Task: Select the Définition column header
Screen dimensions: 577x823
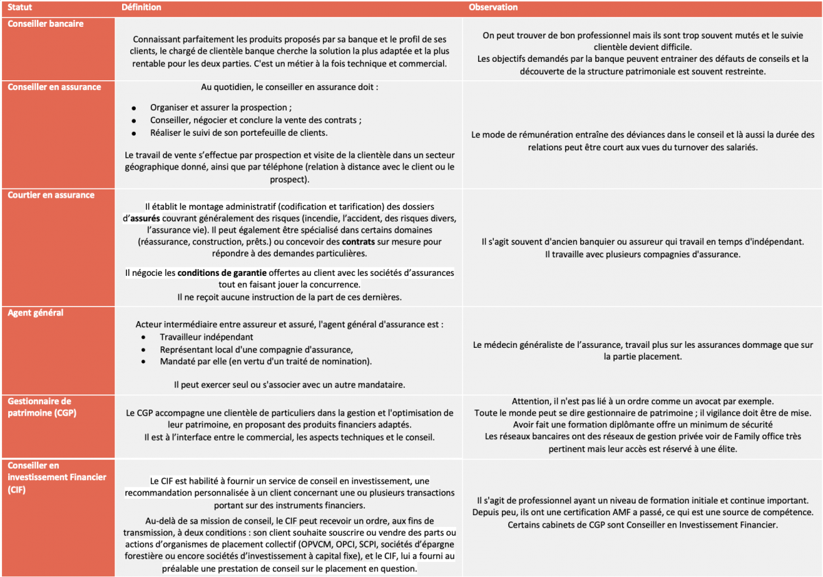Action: click(x=141, y=8)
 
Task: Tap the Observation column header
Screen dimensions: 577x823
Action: click(x=493, y=8)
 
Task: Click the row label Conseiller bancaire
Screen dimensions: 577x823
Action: click(x=45, y=23)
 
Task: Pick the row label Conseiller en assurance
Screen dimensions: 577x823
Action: click(x=54, y=87)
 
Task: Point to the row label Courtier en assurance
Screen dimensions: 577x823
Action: click(x=51, y=195)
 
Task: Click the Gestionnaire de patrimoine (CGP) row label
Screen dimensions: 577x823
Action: click(x=42, y=407)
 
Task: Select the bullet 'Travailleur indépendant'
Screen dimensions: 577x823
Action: click(x=206, y=337)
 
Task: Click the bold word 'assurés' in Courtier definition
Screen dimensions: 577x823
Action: click(x=144, y=218)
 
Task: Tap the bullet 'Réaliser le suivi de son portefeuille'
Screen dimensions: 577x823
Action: click(x=239, y=132)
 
